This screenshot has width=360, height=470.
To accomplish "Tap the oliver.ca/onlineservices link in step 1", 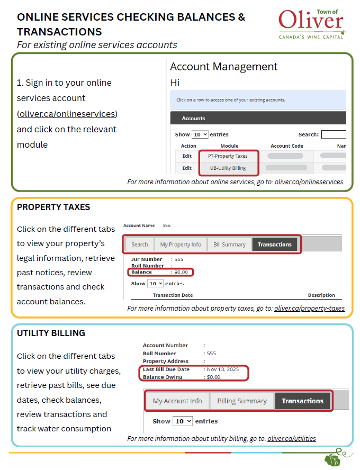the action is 67,114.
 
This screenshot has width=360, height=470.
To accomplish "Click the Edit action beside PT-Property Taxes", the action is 187,156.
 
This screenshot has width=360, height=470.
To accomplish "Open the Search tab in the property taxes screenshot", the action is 140,245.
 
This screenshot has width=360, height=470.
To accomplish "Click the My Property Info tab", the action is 181,245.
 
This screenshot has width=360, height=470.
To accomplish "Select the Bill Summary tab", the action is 229,245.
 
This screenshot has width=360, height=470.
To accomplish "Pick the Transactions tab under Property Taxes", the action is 274,245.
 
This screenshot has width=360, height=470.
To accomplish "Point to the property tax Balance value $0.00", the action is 181,272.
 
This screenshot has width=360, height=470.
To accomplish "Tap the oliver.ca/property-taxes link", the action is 309,309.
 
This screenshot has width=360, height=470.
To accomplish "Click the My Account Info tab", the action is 177,401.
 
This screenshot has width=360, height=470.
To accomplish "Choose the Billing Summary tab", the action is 242,401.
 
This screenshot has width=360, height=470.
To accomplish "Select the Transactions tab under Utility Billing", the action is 302,401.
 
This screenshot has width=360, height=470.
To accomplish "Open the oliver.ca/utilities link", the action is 292,439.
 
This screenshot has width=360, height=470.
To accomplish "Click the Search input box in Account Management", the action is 334,134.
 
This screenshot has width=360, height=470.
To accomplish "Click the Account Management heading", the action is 223,67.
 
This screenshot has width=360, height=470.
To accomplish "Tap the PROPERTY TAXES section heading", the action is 53,207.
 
